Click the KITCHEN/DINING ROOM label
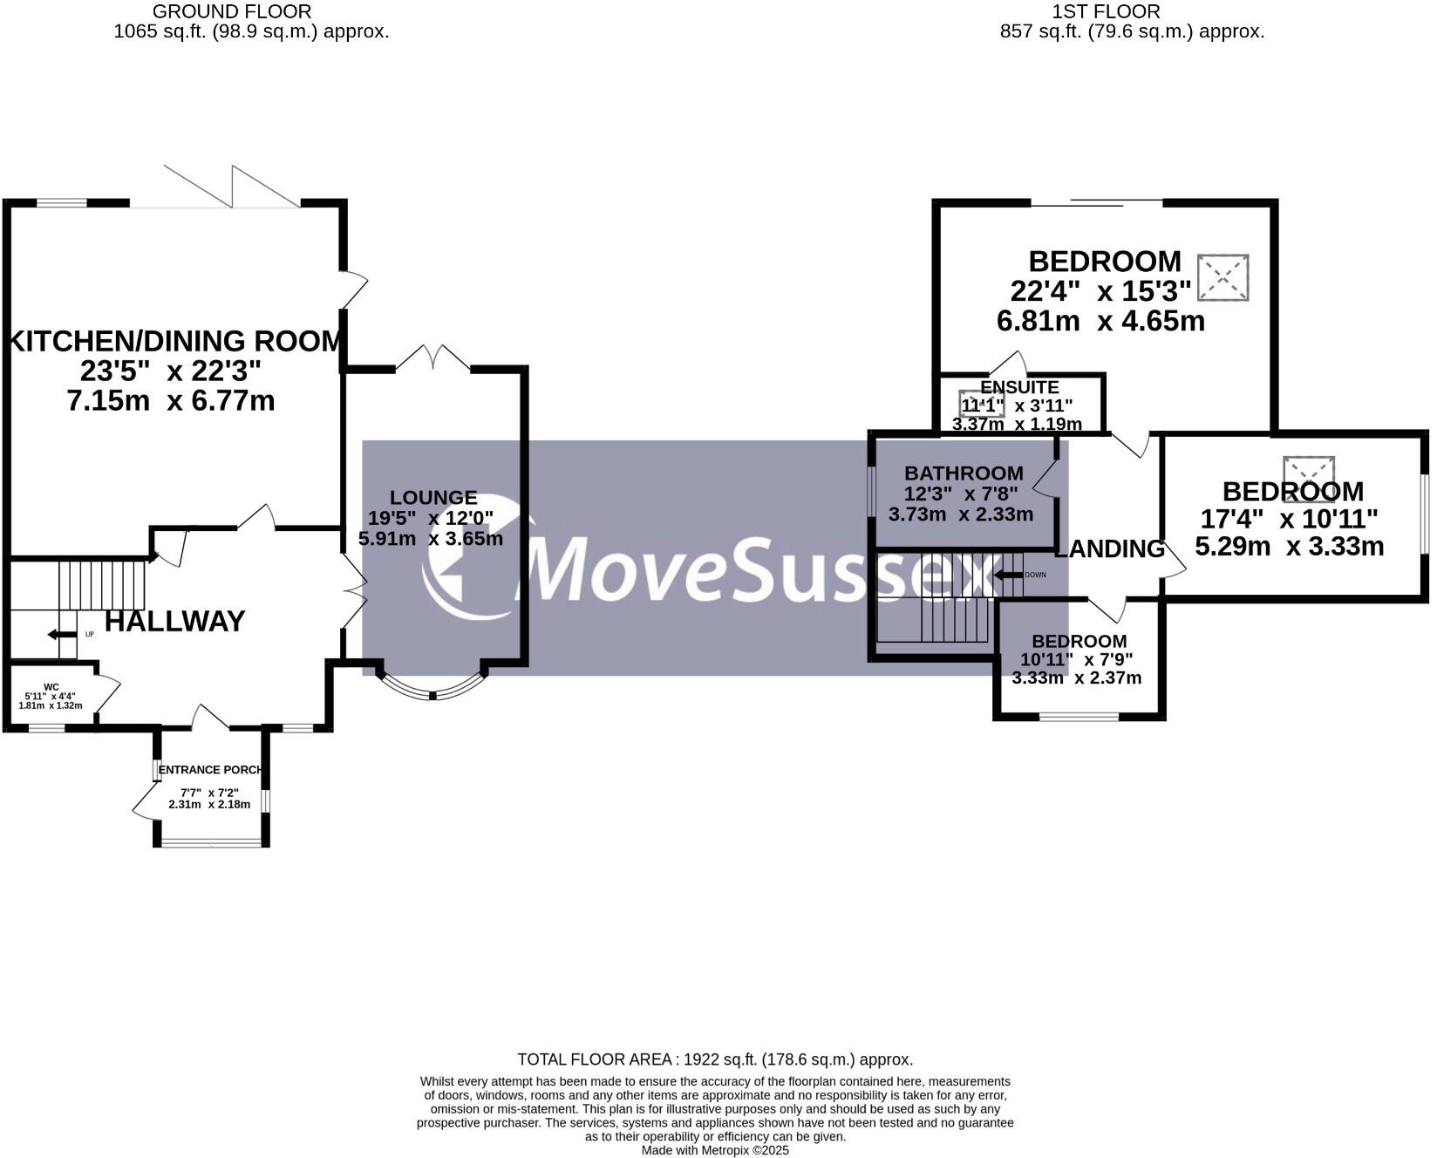(174, 341)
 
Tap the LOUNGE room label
(433, 498)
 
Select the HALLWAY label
(175, 622)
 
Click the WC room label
(51, 687)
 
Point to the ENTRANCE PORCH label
(210, 770)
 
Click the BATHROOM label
(964, 473)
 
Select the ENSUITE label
(1019, 387)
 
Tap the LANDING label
(1110, 549)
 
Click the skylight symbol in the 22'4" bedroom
(1222, 278)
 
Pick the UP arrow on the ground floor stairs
(63, 634)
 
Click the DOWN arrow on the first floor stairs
(1008, 575)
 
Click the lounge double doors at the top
(433, 358)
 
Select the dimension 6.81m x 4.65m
(1100, 321)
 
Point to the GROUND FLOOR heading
(232, 11)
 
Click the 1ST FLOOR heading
(1106, 11)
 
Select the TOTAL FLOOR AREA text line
(715, 1059)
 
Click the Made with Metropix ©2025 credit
(715, 1150)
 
